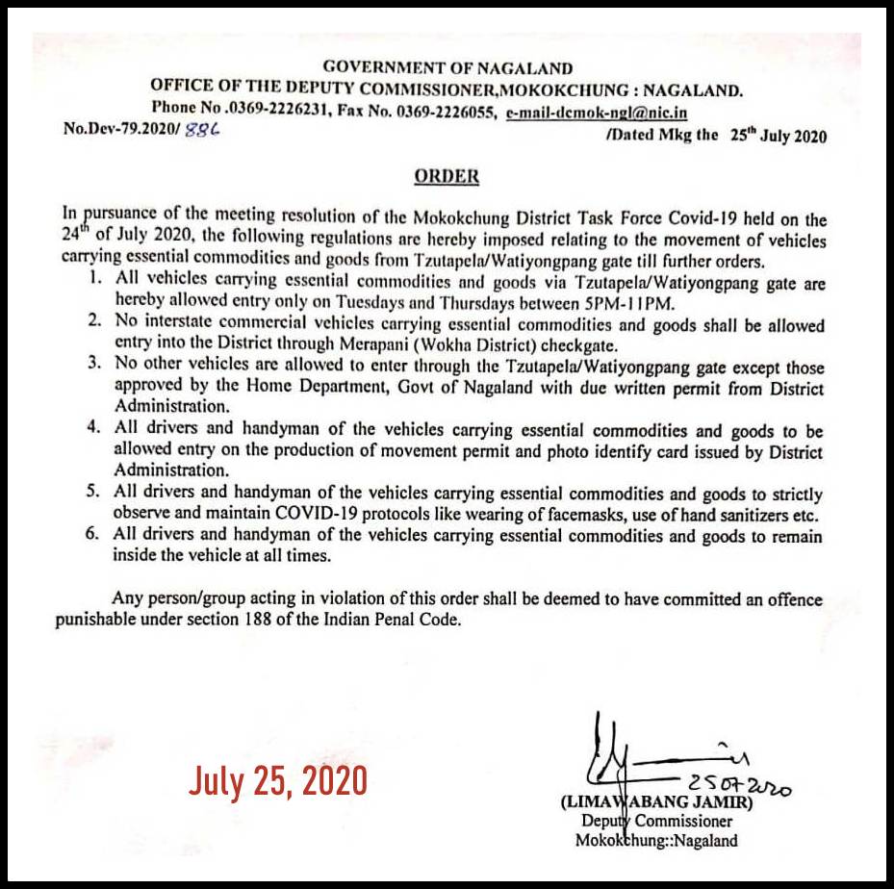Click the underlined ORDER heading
[446, 177]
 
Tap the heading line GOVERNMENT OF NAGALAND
[447, 68]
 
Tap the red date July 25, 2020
[277, 780]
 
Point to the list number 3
[92, 366]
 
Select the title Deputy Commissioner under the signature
[655, 821]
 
